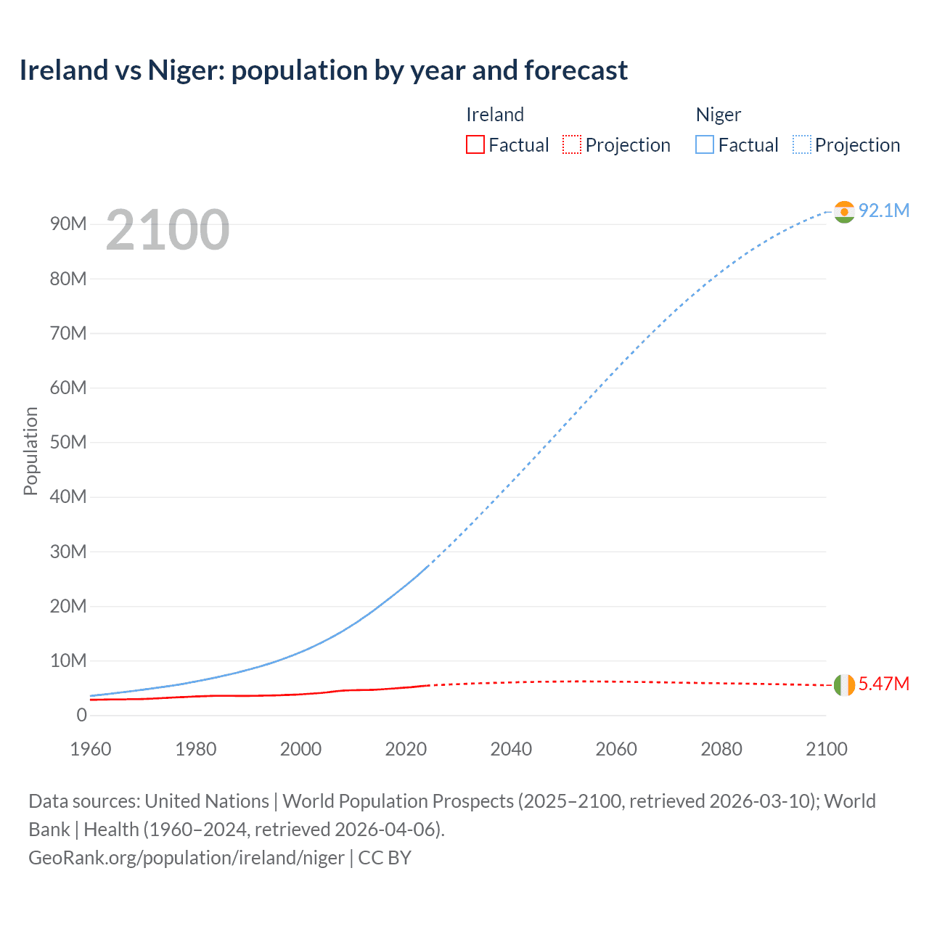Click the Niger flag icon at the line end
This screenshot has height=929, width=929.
point(844,211)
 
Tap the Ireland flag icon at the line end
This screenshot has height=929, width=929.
point(844,684)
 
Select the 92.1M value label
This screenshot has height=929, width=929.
point(884,210)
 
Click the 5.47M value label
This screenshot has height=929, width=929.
point(884,684)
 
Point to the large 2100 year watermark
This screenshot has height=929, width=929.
point(168,230)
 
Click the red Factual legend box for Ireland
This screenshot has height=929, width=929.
point(475,145)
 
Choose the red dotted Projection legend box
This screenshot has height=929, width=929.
point(572,145)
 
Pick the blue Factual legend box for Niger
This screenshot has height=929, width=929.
point(705,145)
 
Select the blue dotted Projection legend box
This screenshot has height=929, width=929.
point(801,145)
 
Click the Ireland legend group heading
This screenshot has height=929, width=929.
point(495,115)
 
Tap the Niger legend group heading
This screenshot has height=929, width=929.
point(719,115)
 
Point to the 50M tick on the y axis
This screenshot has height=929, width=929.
point(68,442)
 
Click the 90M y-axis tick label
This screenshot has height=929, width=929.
point(68,224)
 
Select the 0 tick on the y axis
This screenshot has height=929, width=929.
point(81,715)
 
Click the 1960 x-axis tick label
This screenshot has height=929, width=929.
point(91,749)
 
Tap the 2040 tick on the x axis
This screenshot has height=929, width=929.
point(511,749)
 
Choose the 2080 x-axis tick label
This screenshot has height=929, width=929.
point(721,749)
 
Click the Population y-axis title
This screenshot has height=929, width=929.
point(30,451)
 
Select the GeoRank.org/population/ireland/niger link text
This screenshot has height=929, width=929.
point(187,857)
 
